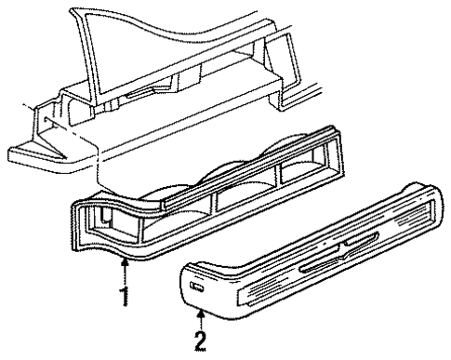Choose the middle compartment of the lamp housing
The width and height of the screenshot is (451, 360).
[245, 204]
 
